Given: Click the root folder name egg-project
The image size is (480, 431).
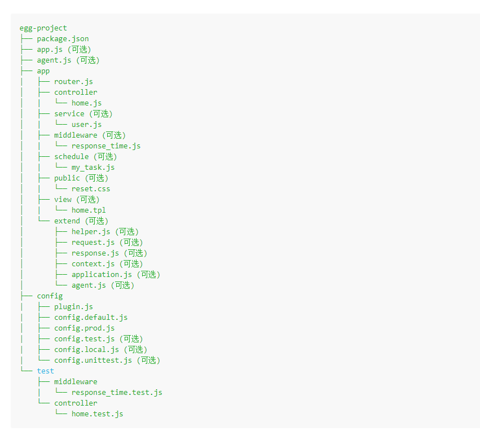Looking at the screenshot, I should coord(43,28).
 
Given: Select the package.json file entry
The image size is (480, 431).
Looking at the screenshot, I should coord(63,38).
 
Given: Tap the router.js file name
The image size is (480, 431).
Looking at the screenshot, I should coord(73,81).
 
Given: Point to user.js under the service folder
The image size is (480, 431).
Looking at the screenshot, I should coord(86,124).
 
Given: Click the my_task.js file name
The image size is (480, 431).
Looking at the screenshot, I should coord(93,167).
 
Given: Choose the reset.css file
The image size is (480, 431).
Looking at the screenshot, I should coord(91,188).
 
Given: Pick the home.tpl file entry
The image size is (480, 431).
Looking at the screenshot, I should coord(89,210).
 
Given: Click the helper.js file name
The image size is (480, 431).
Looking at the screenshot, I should coord(91,231).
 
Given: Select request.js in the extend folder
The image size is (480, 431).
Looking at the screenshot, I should coord(93,242).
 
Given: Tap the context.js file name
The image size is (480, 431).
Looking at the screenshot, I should coord(93,263).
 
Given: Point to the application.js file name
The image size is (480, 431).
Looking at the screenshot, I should coord(102,274).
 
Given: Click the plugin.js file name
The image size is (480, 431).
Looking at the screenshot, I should coord(73,306).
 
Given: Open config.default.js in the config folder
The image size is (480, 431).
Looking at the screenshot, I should coord(91,317).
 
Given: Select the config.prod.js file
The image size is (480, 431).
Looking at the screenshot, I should coord(84,328).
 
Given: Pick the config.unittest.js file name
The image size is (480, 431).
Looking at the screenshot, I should coord(93,360).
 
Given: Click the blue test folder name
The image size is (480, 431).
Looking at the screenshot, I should coord(46,371).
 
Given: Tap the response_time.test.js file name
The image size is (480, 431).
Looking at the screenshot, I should coord(117,392).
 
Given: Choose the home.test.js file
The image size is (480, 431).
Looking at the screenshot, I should coord(97,414).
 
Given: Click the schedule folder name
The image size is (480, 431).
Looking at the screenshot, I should coord(71,156).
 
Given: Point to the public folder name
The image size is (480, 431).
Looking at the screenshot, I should coord(67,178).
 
